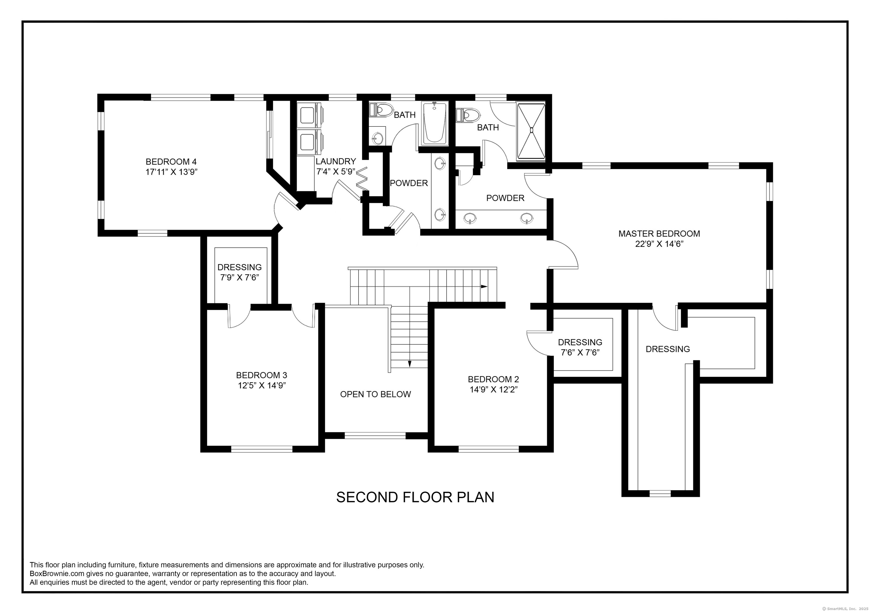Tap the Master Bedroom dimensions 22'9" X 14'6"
pos(659,244)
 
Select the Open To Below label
pos(375,394)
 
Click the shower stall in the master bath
pos(531,130)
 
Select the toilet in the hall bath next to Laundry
pos(381,110)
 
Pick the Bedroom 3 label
pos(261,375)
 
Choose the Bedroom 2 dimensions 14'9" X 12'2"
pos(493,390)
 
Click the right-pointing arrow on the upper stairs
pos(484,287)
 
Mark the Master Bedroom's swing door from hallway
pos(564,254)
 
